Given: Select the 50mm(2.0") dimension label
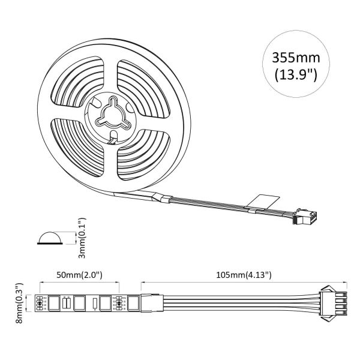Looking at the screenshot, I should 79,275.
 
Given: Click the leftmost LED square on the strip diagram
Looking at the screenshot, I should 53,303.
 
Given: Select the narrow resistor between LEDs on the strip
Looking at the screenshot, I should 94,303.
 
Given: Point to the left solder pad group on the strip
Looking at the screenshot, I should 40,303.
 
